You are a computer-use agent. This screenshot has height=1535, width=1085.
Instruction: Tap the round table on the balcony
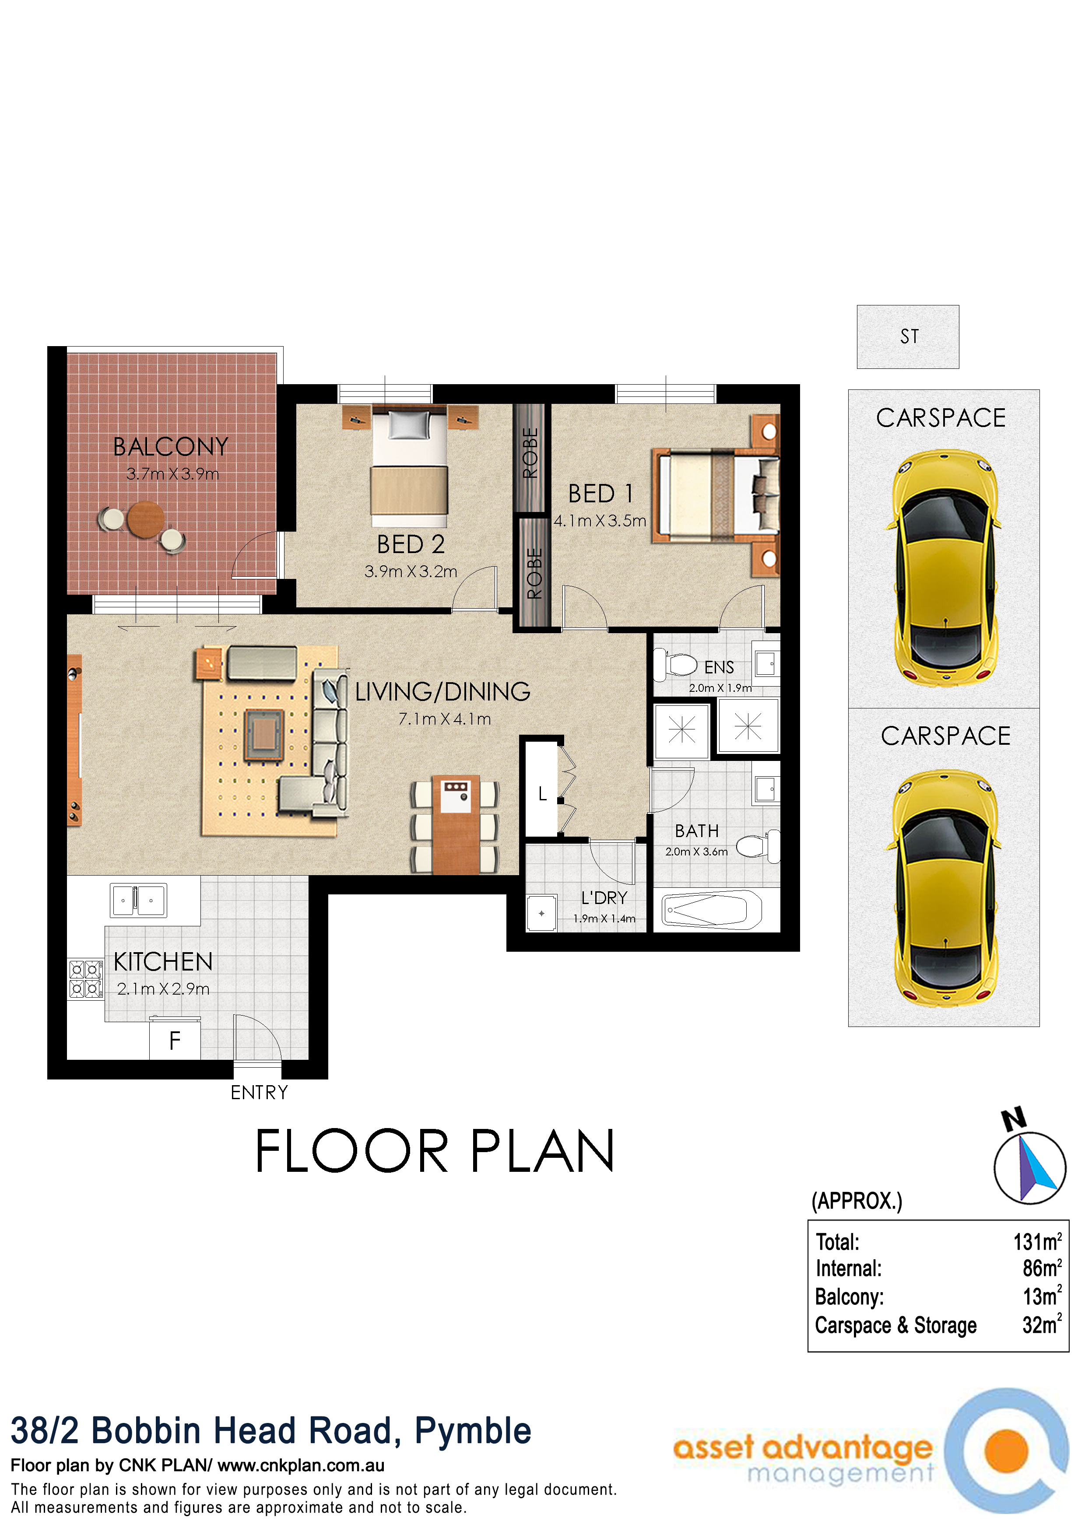pyautogui.click(x=146, y=519)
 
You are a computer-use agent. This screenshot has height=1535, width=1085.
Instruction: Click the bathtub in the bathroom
pyautogui.click(x=712, y=910)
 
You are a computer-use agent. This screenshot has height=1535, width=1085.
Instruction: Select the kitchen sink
pyautogui.click(x=138, y=901)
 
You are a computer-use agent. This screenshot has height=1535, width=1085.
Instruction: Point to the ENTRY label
pyautogui.click(x=260, y=1093)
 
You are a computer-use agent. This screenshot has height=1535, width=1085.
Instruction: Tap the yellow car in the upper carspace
pyautogui.click(x=944, y=568)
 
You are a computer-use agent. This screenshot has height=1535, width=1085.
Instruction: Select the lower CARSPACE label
pyautogui.click(x=945, y=736)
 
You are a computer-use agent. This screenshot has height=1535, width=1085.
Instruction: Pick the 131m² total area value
pyautogui.click(x=1037, y=1242)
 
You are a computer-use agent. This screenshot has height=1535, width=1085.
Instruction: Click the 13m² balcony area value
pyautogui.click(x=1042, y=1297)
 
